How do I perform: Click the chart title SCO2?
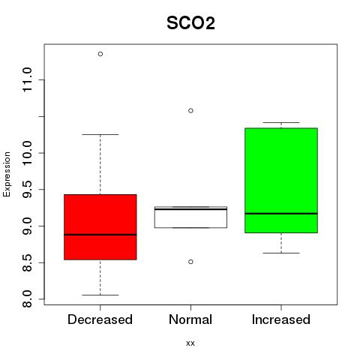click(x=190, y=23)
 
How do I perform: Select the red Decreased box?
click(x=100, y=227)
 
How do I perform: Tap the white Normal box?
click(x=190, y=217)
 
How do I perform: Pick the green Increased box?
click(x=281, y=180)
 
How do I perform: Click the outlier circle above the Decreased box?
click(x=100, y=54)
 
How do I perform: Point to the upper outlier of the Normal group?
click(x=190, y=110)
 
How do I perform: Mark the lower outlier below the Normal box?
click(x=190, y=262)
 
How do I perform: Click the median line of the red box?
click(x=100, y=235)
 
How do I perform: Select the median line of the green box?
click(x=281, y=214)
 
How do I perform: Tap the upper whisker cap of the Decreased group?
click(x=100, y=134)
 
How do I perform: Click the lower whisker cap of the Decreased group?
click(x=100, y=295)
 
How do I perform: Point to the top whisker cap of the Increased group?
click(x=281, y=122)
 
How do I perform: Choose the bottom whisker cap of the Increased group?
click(x=281, y=253)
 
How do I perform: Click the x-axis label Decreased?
click(x=100, y=319)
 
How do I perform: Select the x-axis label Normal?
click(x=190, y=319)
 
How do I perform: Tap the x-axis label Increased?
click(x=281, y=319)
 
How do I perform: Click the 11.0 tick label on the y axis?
click(x=27, y=79)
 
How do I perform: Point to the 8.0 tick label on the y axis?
click(x=27, y=299)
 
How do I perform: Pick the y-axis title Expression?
click(x=7, y=174)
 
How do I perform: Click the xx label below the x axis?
click(x=190, y=343)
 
